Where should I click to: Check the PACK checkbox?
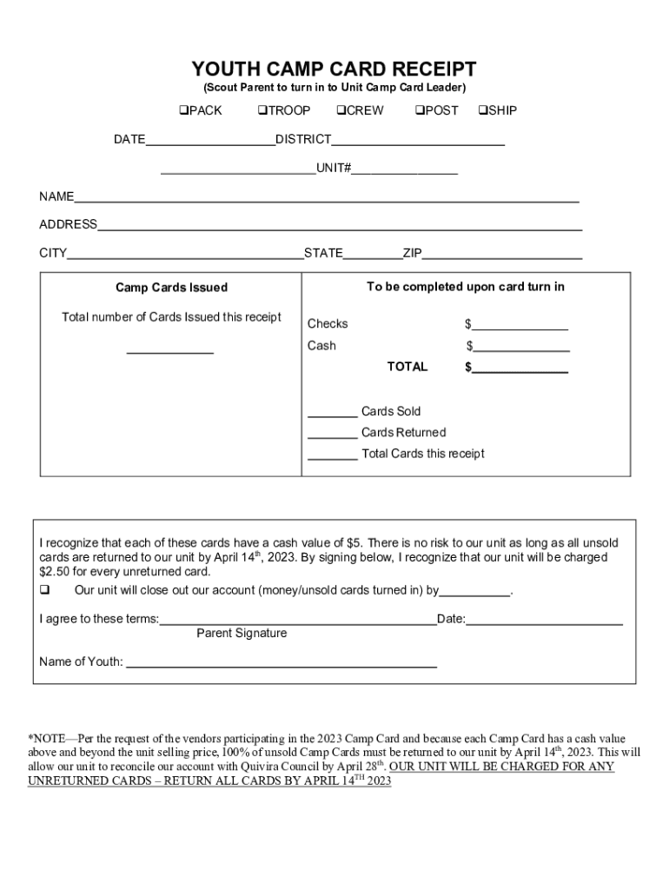[x=184, y=110]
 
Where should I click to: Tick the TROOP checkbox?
[x=262, y=110]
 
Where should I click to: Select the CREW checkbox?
[x=341, y=110]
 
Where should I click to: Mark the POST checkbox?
[x=419, y=110]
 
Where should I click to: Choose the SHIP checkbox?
[x=482, y=110]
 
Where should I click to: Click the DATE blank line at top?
[x=210, y=141]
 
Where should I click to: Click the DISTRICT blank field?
[x=418, y=141]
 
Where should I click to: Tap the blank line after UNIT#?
[x=404, y=169]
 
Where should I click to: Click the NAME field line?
[x=327, y=198]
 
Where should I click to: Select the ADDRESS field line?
[x=340, y=226]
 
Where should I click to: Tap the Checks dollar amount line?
[x=520, y=326]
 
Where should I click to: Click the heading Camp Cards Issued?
[x=171, y=288]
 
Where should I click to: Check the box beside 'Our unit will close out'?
[x=44, y=591]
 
